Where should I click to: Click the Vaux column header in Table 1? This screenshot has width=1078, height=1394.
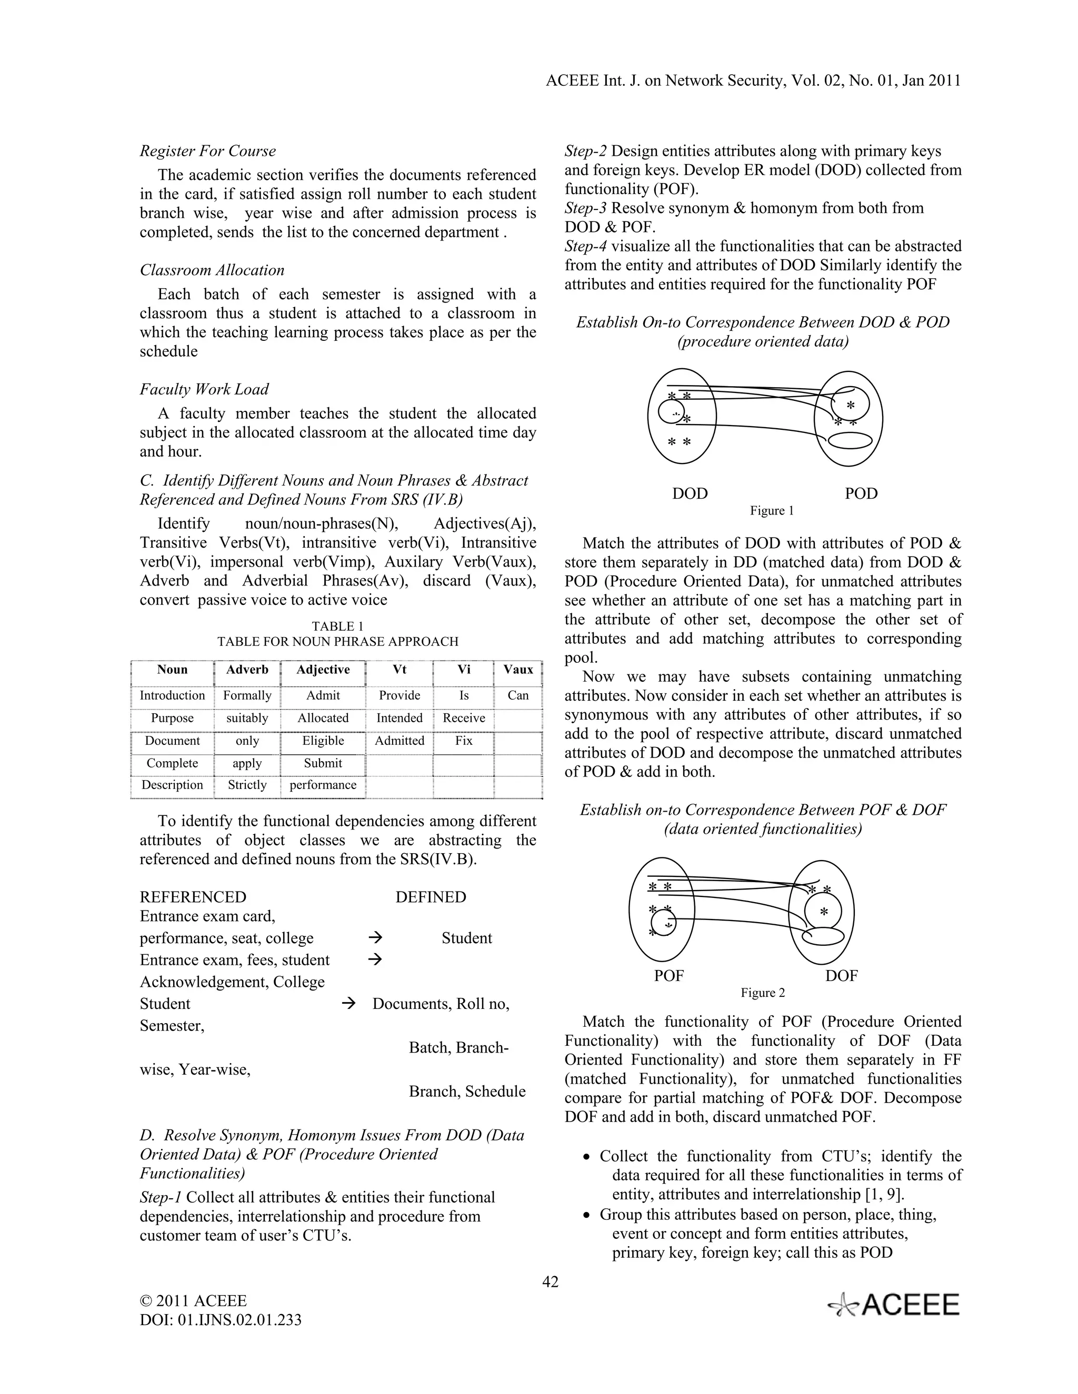518,670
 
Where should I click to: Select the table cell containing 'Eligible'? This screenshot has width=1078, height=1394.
323,741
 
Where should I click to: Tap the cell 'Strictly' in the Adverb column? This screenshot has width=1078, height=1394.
247,785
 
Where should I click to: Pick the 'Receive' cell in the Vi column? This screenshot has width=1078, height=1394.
464,718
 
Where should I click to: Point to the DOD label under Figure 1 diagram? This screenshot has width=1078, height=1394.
690,493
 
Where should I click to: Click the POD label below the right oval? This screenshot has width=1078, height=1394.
861,493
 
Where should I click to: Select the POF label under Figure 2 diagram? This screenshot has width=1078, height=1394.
668,975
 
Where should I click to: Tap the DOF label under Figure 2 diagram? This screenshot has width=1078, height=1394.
841,975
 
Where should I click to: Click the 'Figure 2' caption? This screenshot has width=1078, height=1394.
763,993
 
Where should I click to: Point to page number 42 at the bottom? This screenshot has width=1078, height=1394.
550,1281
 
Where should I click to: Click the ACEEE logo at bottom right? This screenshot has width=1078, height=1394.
894,1305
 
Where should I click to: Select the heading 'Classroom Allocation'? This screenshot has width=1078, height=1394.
212,270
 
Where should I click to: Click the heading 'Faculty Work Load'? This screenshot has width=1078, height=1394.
204,389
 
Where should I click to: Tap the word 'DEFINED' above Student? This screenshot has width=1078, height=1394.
431,897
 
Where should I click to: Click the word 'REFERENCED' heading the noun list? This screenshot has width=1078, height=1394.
193,897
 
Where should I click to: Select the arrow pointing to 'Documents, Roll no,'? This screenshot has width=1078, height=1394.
348,1003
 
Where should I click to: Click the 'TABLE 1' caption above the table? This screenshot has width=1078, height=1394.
337,626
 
